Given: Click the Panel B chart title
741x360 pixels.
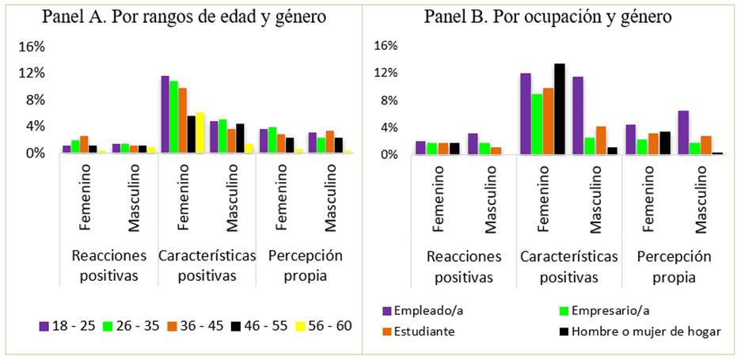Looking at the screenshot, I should pyautogui.click(x=549, y=16).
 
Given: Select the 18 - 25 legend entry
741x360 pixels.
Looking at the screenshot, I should pyautogui.click(x=66, y=326).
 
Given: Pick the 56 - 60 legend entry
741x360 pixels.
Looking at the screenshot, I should pyautogui.click(x=322, y=326).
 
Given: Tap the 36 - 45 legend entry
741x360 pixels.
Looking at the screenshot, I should pyautogui.click(x=196, y=326).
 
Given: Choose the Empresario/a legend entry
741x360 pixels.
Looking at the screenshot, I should pyautogui.click(x=602, y=311).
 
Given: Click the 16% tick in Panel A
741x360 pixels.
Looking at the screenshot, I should pyautogui.click(x=32, y=47).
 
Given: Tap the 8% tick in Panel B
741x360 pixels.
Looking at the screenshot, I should pyautogui.click(x=384, y=100).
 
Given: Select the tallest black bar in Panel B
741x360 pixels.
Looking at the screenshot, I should pyautogui.click(x=560, y=109).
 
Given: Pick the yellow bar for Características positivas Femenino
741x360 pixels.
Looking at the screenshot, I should pyautogui.click(x=199, y=133).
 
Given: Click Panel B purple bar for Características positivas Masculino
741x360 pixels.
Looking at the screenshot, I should pyautogui.click(x=578, y=116).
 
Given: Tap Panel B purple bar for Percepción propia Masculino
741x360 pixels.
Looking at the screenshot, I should pyautogui.click(x=683, y=133).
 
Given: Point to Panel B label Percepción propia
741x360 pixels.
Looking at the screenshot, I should pyautogui.click(x=674, y=267).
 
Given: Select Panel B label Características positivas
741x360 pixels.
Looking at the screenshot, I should pyautogui.click(x=568, y=267).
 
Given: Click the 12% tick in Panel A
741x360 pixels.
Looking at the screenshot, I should pyautogui.click(x=32, y=74).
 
